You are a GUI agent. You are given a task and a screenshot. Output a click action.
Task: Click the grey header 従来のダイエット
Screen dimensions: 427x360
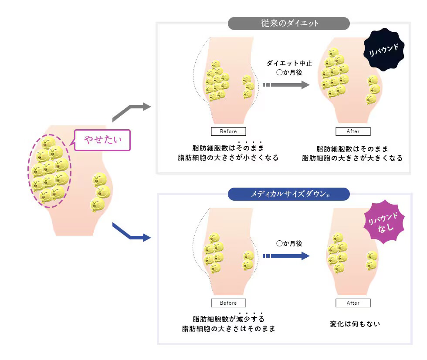[x=288, y=24]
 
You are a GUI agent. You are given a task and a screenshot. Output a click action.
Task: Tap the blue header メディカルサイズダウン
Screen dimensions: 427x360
[x=288, y=194]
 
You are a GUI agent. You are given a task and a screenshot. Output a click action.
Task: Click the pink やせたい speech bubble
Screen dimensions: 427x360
[x=102, y=140]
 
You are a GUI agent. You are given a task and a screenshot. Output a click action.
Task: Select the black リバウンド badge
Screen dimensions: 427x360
[x=384, y=50]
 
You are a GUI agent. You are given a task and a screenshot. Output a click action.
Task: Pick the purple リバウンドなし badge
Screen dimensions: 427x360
[x=384, y=222]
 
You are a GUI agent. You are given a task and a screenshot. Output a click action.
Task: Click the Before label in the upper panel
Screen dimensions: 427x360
[x=228, y=131]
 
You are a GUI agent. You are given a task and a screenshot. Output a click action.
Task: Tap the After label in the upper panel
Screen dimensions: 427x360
[x=353, y=131]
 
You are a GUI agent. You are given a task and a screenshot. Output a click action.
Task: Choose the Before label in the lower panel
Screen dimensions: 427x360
[x=228, y=303]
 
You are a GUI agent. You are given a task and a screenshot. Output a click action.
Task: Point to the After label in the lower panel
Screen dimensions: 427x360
[x=353, y=303]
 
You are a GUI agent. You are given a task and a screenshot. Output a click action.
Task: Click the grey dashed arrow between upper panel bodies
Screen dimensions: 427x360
[x=286, y=85]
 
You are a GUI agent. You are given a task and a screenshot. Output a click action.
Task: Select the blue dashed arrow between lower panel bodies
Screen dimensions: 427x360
[x=286, y=256]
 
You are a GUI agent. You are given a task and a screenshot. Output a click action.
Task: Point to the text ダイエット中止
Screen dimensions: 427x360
[x=289, y=64]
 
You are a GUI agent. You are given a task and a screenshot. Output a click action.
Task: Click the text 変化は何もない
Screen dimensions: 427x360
[x=355, y=324]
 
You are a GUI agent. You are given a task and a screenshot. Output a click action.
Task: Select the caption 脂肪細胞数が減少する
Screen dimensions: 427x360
[x=228, y=319]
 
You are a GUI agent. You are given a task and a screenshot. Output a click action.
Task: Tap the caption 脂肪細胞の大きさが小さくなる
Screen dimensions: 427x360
[x=228, y=158]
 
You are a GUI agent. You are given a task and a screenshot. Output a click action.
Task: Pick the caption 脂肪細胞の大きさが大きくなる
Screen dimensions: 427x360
[x=352, y=158]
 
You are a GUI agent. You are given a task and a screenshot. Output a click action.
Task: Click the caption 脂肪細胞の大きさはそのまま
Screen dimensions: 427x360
[x=228, y=329]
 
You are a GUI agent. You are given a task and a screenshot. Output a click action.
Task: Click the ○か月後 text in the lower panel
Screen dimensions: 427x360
[x=289, y=243]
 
